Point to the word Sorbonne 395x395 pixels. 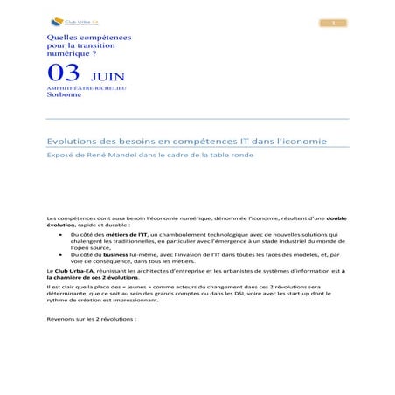point(63,94)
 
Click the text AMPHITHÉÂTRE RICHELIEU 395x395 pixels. point(80,88)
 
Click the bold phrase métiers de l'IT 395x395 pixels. point(126,233)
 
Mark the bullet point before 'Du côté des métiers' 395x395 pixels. point(60,233)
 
